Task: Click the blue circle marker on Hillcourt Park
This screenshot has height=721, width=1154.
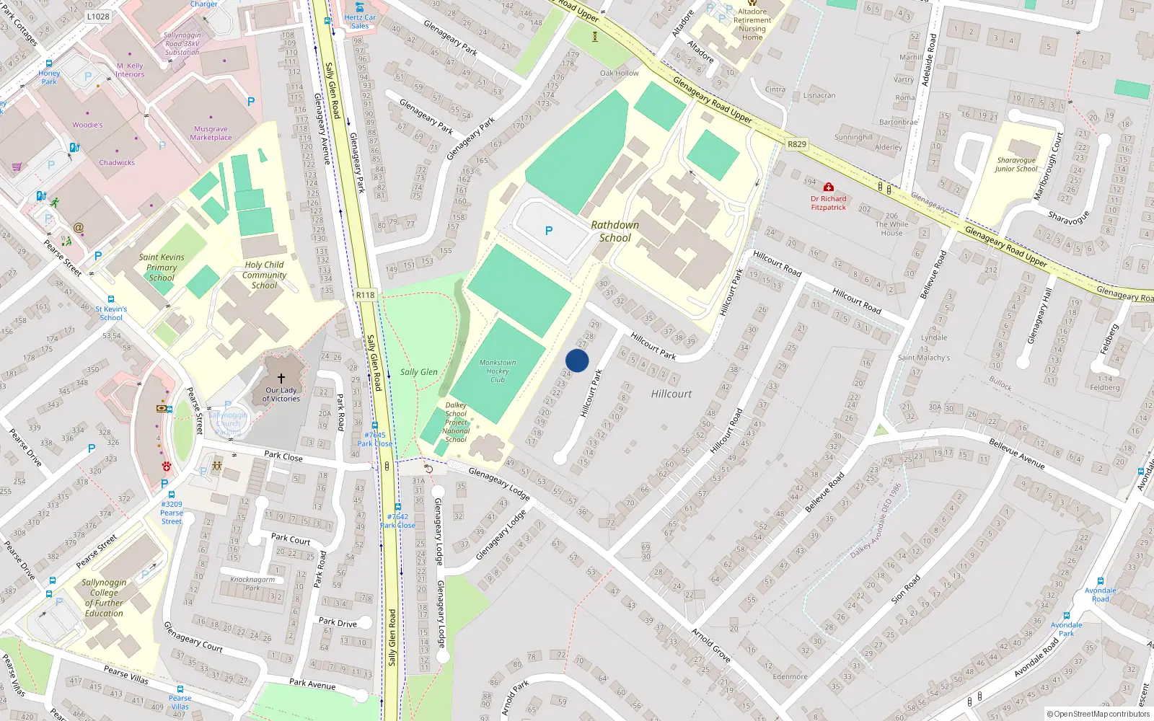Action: point(577,360)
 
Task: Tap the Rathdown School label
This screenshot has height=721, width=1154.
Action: point(615,231)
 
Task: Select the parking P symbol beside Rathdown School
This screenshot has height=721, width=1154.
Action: point(549,231)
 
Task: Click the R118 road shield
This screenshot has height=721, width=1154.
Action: point(366,295)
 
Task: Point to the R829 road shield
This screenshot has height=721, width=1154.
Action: point(796,144)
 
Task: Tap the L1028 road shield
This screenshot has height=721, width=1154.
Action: point(98,17)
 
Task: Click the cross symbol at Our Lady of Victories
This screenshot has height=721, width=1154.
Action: point(281,378)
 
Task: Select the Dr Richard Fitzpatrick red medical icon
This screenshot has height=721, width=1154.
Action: point(829,187)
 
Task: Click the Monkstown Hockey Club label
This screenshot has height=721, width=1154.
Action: point(498,371)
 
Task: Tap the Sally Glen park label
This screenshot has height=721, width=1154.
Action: point(419,372)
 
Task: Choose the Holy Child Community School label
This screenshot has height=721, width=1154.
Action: point(264,275)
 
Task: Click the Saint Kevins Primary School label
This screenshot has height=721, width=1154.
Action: point(162,267)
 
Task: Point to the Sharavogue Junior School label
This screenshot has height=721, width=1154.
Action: point(1016,165)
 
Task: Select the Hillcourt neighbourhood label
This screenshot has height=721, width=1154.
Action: point(671,394)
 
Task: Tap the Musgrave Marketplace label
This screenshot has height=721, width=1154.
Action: point(211,133)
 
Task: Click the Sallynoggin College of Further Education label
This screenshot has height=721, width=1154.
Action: point(104,598)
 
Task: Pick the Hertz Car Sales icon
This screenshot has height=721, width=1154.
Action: point(359,7)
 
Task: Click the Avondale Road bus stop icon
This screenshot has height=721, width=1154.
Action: point(1101,581)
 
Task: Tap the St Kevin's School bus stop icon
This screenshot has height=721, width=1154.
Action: point(111,299)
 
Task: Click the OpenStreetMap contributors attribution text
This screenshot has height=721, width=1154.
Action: point(1098,715)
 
